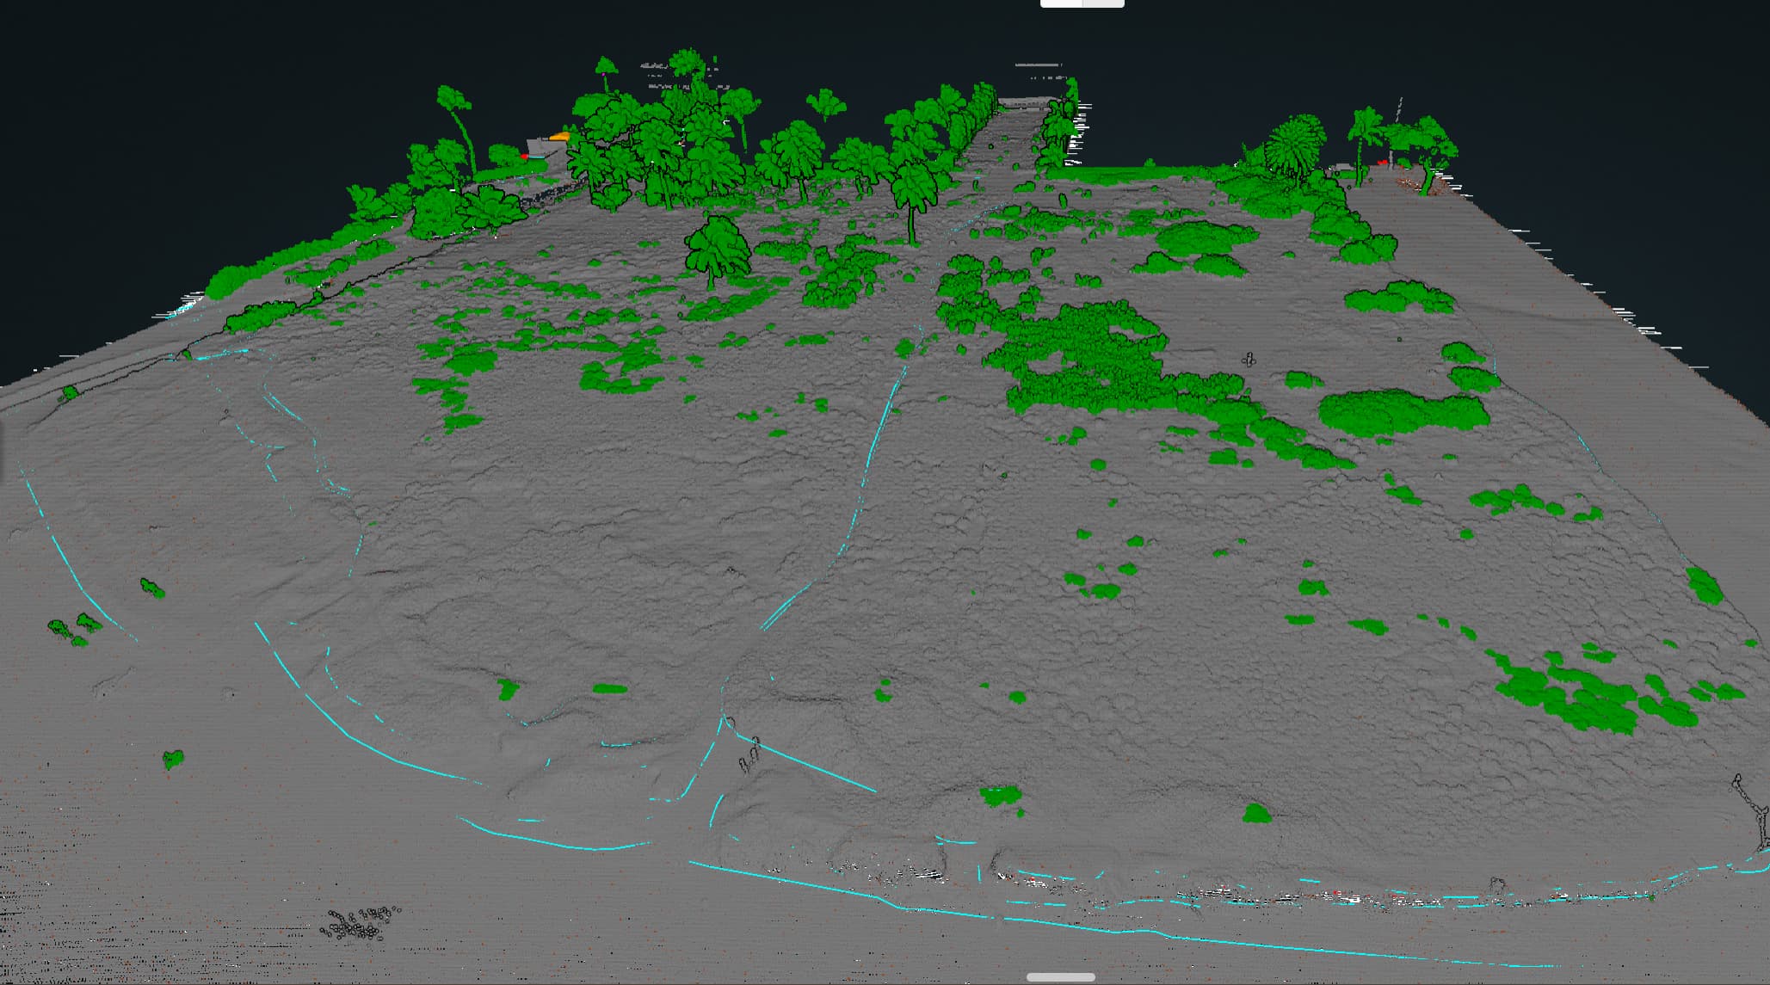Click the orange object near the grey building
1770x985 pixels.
coord(560,136)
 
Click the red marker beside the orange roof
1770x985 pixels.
coord(525,157)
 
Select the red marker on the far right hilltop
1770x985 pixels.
coord(1382,163)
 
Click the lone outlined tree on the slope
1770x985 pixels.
coord(717,247)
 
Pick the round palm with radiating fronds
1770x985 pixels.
coord(1294,146)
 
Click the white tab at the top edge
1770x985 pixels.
coord(1082,4)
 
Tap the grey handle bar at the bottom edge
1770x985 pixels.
coord(1060,977)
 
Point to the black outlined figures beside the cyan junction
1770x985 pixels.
coord(749,754)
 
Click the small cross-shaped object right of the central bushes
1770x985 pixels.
coord(1249,360)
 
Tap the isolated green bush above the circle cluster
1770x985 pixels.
coord(173,760)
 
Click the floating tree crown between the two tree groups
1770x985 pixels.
coord(826,103)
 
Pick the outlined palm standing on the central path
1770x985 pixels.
coord(912,194)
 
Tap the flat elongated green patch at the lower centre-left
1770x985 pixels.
coord(609,688)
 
